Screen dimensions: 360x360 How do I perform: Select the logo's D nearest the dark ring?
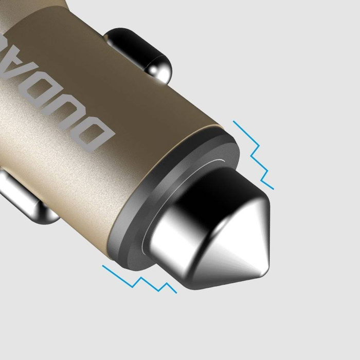(x=100, y=137)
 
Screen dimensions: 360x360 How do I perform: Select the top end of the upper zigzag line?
(x=234, y=122)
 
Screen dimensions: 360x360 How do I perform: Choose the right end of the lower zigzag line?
(x=176, y=293)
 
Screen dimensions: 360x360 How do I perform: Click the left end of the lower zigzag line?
(x=103, y=266)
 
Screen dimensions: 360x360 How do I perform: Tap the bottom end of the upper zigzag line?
(x=273, y=188)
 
